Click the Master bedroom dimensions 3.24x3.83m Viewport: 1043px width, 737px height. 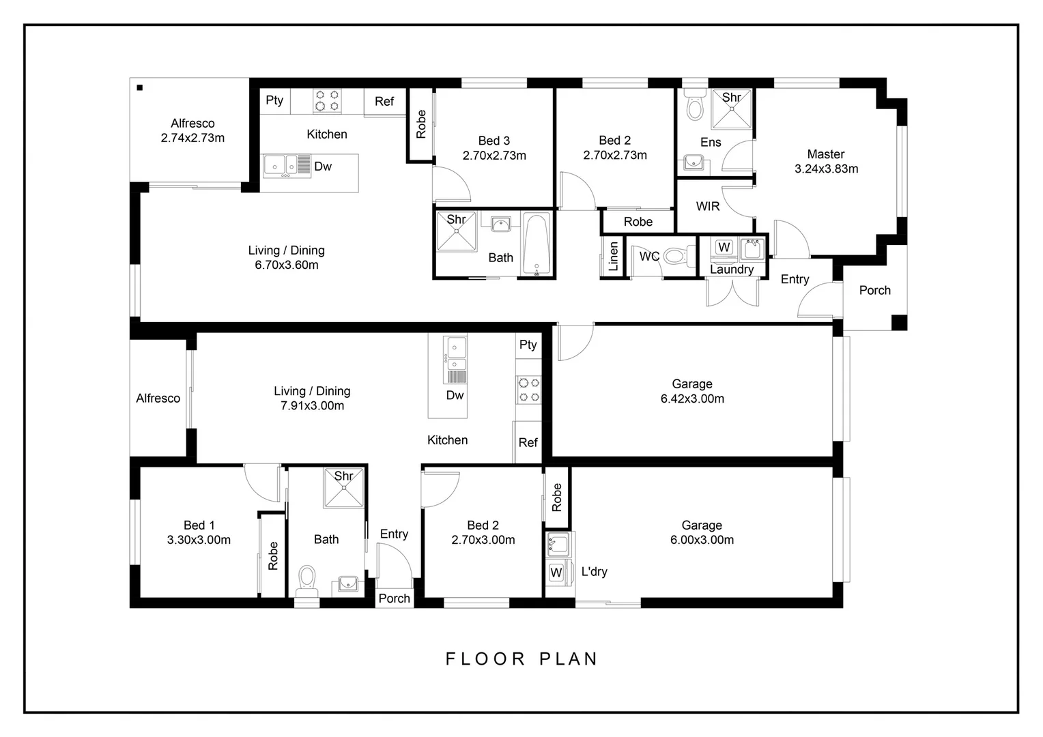click(826, 169)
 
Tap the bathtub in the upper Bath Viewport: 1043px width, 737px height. click(537, 244)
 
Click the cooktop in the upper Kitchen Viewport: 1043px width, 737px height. click(326, 100)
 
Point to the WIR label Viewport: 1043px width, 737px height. click(708, 206)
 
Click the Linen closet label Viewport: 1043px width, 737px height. click(613, 257)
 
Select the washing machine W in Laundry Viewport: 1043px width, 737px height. click(724, 247)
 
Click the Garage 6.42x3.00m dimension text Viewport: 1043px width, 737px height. click(692, 399)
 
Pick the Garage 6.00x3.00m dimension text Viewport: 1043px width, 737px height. click(702, 540)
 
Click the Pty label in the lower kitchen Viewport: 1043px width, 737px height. click(528, 345)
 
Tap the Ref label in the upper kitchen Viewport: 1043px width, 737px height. click(384, 101)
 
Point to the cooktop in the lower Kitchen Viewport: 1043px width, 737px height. click(528, 390)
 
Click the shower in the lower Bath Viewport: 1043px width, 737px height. click(344, 488)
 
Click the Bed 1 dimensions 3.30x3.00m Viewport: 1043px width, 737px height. click(199, 540)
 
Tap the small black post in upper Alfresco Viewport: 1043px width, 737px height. click(139, 87)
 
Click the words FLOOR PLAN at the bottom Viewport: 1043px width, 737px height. click(521, 659)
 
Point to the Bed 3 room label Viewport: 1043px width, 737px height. click(494, 141)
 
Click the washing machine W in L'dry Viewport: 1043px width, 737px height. click(556, 572)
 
